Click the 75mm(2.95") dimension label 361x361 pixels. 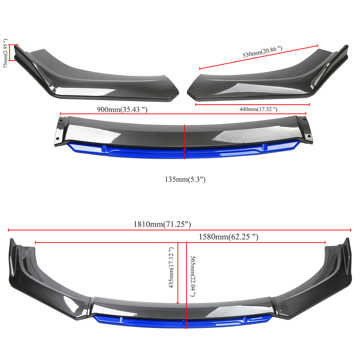click(5, 53)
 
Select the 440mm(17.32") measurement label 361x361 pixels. click(258, 110)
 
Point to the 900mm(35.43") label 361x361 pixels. click(122, 110)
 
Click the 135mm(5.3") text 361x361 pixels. click(185, 179)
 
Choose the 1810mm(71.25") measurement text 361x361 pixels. click(162, 224)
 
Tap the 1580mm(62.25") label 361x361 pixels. click(228, 237)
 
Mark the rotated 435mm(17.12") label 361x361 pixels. click(171, 268)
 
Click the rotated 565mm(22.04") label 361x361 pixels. click(193, 276)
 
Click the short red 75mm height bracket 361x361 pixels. click(10, 53)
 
